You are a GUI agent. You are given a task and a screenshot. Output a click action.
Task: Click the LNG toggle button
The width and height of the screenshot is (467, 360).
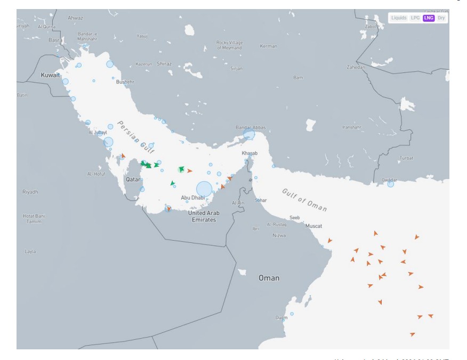[429, 18]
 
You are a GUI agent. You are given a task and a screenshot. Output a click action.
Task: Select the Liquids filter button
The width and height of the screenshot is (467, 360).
[399, 18]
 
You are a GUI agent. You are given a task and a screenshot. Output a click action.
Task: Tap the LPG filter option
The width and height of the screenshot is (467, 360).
[415, 18]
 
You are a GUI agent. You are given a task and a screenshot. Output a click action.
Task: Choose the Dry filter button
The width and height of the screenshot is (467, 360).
[441, 18]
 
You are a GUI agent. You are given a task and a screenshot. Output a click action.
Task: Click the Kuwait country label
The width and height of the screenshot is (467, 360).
[51, 76]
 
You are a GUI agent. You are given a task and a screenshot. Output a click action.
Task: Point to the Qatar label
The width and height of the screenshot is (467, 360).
[133, 179]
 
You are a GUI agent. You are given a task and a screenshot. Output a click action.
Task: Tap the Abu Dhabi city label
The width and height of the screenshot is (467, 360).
[192, 198]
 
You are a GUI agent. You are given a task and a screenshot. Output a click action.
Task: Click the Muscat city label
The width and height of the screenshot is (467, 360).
[313, 226]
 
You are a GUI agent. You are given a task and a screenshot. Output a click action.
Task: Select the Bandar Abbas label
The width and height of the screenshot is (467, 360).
[251, 128]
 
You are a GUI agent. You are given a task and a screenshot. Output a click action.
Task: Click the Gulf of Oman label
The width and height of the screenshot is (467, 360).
[304, 200]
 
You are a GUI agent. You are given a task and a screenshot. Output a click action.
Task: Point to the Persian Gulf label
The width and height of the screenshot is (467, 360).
[135, 136]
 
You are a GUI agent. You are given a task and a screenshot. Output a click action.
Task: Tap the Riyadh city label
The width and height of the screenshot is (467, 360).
[30, 192]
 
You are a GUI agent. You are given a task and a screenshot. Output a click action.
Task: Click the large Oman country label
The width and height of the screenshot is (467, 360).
[269, 278]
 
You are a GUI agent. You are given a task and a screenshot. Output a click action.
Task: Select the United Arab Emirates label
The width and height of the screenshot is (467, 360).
[203, 216]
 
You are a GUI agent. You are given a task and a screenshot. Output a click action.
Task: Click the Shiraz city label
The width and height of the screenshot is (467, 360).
[164, 64]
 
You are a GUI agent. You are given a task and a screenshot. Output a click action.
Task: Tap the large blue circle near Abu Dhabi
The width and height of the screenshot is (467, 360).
[204, 189]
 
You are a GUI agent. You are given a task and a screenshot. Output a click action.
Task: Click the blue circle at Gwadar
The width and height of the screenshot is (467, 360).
[391, 184]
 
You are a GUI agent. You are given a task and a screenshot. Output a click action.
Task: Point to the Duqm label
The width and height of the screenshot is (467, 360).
[281, 317]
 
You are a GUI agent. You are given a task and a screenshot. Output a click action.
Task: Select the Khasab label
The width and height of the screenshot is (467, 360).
[249, 153]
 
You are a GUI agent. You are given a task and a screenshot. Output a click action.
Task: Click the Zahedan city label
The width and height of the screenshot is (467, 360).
[356, 68]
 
